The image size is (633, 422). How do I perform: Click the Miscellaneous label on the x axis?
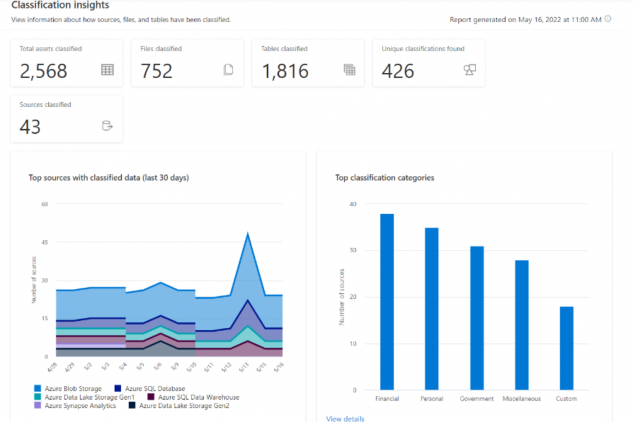coord(521,399)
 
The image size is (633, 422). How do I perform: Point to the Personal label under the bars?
coord(431,399)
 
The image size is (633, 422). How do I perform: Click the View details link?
coord(345,419)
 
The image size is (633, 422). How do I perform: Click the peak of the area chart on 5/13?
coord(247,234)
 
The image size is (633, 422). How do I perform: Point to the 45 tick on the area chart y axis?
coord(44,242)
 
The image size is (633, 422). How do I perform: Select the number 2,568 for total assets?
coord(43,71)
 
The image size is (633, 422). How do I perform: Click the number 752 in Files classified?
coord(156,71)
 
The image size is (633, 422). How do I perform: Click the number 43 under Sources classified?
coord(30,127)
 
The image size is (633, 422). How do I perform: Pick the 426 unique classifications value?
coord(397,71)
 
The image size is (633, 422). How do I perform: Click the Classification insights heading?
coord(60,5)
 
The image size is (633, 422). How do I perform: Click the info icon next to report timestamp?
coord(608,19)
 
